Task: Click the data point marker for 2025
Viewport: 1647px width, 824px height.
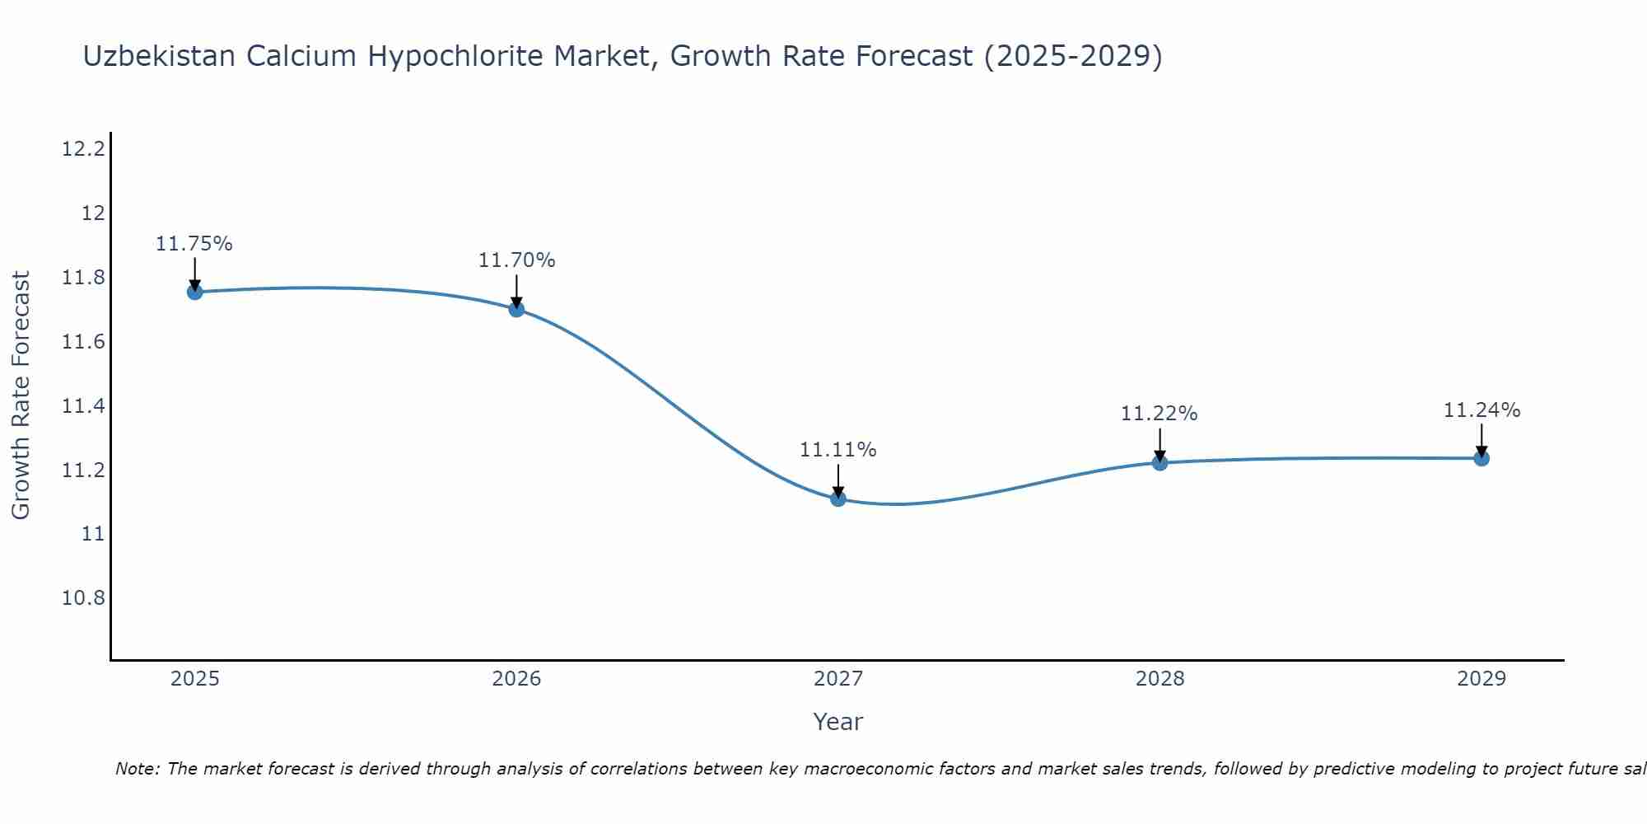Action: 194,292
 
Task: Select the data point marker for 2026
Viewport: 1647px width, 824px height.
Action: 516,309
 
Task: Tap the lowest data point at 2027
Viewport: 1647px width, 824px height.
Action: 838,499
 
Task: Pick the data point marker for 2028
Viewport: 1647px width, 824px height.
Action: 1159,463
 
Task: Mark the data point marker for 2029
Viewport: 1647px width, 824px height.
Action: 1481,458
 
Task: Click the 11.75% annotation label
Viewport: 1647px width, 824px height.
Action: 194,244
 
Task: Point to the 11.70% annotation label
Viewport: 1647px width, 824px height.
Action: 516,260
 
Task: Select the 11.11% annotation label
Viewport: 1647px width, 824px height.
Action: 838,450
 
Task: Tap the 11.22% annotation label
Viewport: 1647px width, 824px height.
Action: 1159,414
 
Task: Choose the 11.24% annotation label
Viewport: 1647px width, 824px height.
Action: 1481,410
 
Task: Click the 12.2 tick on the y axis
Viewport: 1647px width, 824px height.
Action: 83,149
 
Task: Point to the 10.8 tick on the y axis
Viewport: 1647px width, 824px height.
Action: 83,597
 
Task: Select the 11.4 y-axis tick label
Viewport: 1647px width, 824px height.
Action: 83,406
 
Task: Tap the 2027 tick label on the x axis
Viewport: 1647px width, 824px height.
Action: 838,679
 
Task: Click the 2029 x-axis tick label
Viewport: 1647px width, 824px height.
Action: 1481,679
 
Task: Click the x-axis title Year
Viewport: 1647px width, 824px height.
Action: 837,722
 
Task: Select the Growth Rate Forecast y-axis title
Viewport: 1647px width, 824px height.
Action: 21,396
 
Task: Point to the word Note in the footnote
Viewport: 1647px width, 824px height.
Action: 137,769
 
